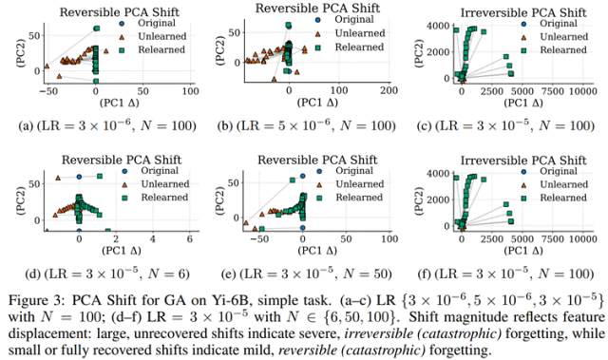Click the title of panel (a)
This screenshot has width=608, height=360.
pyautogui.click(x=120, y=12)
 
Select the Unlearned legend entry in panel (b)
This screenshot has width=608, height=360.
pyautogui.click(x=360, y=33)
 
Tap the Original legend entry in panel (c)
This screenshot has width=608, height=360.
pyautogui.click(x=559, y=23)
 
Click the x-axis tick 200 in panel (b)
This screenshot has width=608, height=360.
pyautogui.click(x=389, y=90)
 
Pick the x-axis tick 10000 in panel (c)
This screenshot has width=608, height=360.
pyautogui.click(x=580, y=91)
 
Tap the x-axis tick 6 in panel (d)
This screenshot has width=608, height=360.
pyautogui.click(x=190, y=238)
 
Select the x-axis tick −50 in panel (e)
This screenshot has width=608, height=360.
pyautogui.click(x=259, y=238)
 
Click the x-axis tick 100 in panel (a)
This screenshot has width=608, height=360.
pyautogui.click(x=190, y=91)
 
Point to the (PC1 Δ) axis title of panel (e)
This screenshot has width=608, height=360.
pyautogui.click(x=317, y=251)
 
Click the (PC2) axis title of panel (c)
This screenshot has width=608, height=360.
pyautogui.click(x=420, y=52)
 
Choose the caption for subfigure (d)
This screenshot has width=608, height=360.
pyautogui.click(x=107, y=274)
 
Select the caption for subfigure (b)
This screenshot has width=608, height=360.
pyautogui.click(x=306, y=125)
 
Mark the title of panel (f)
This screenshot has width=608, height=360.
pyautogui.click(x=523, y=160)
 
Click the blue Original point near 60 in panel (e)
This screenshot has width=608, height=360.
pyautogui.click(x=302, y=176)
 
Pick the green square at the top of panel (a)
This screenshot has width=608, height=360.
pyautogui.click(x=97, y=28)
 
